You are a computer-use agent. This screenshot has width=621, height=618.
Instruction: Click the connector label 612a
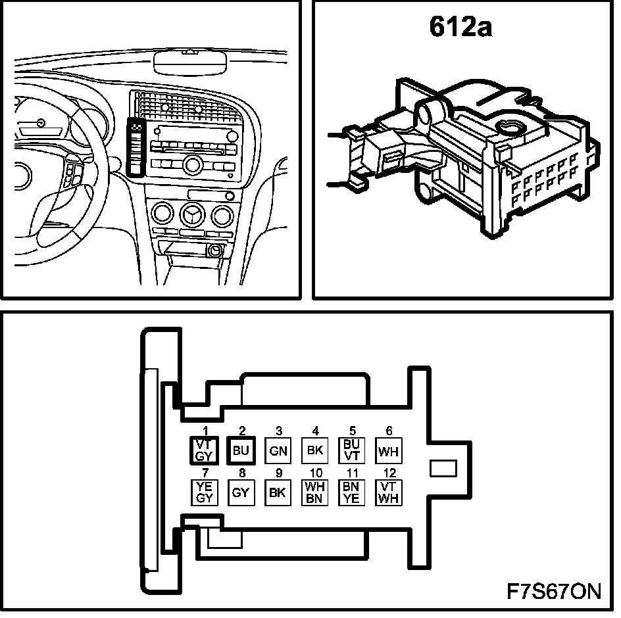(x=461, y=27)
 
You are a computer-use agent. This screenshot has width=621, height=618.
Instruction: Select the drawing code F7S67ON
(x=553, y=590)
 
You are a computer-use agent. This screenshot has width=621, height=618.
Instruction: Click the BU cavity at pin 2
(x=240, y=451)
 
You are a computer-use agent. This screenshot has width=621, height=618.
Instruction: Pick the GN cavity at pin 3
(x=278, y=451)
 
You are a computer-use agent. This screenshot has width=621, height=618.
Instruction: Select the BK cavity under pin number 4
(x=314, y=451)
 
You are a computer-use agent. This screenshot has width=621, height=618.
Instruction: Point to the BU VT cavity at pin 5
(x=351, y=451)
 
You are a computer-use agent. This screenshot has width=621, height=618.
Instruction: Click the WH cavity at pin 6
(x=389, y=451)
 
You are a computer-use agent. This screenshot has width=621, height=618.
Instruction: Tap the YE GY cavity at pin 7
(x=203, y=492)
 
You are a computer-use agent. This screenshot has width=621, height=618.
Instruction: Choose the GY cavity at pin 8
(x=240, y=492)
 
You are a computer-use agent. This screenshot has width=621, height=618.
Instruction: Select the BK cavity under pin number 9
(x=278, y=492)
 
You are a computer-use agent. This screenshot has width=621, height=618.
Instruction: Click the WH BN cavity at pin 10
(x=314, y=492)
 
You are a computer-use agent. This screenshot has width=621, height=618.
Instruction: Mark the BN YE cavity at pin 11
(x=351, y=492)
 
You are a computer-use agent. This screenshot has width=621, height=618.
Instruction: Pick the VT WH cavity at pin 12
(x=389, y=492)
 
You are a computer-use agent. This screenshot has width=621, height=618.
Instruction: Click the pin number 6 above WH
(x=389, y=431)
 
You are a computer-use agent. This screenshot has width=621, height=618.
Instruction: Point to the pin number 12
(x=389, y=473)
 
